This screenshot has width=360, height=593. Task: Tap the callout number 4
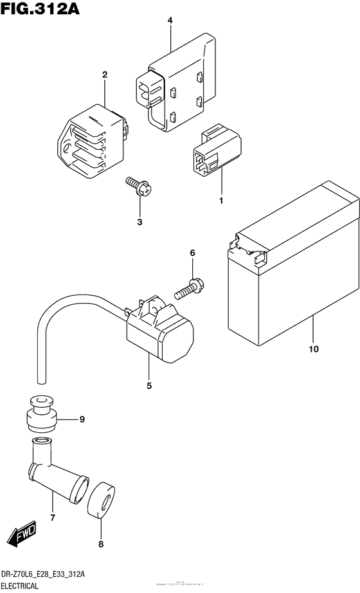[x=170, y=21]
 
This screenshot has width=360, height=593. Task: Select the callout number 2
[x=104, y=75]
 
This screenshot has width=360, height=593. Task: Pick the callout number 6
[x=192, y=253]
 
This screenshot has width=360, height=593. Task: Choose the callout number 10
[x=313, y=350]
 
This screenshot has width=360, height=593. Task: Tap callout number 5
[x=148, y=386]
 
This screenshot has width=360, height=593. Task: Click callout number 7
[x=53, y=516]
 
